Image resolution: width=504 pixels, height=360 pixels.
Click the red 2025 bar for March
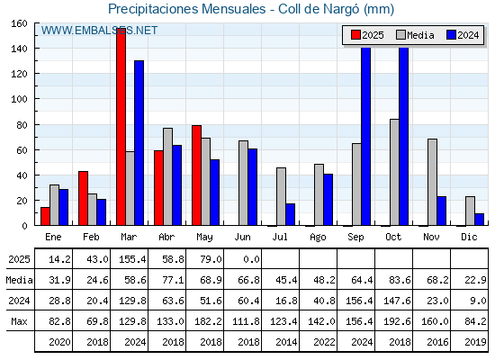pyautogui.click(x=121, y=127)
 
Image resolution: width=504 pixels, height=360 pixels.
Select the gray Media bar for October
pyautogui.click(x=394, y=172)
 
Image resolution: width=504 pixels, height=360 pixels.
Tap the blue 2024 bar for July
pyautogui.click(x=290, y=214)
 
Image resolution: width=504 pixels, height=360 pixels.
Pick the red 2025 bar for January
pyautogui.click(x=45, y=216)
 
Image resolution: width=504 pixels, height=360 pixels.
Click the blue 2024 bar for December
pyautogui.click(x=479, y=220)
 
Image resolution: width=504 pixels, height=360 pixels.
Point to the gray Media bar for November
pyautogui.click(x=432, y=182)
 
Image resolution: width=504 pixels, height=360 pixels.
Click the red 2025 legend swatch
pyautogui.click(x=355, y=35)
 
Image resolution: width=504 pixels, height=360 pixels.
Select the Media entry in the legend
pyautogui.click(x=415, y=35)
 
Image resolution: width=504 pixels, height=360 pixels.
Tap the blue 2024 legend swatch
pyautogui.click(x=451, y=35)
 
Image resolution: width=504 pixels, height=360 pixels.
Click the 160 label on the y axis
pyautogui.click(x=19, y=23)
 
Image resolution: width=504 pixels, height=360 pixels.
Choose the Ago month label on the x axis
pyautogui.click(x=318, y=238)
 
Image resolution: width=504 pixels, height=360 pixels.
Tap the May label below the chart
pyautogui.click(x=204, y=238)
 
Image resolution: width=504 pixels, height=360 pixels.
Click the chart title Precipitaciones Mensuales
pyautogui.click(x=187, y=9)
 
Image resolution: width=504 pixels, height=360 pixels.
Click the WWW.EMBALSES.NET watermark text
pyautogui.click(x=99, y=31)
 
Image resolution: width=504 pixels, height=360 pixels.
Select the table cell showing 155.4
pyautogui.click(x=132, y=259)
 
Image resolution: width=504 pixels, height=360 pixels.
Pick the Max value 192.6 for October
pyautogui.click(x=397, y=321)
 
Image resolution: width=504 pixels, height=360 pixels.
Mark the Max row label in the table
pyautogui.click(x=19, y=321)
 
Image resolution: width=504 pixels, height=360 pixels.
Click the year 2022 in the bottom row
pyautogui.click(x=324, y=342)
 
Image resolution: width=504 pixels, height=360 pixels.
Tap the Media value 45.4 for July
pyautogui.click(x=286, y=280)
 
